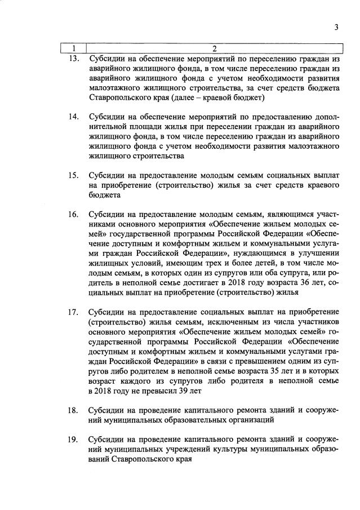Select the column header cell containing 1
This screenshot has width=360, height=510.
pos(73,48)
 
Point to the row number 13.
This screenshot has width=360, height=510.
pos(72,58)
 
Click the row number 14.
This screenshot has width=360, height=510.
pos(72,117)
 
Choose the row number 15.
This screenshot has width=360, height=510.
pos(72,175)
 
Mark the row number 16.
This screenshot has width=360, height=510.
pos(72,214)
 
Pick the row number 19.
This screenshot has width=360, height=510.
pos(72,439)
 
